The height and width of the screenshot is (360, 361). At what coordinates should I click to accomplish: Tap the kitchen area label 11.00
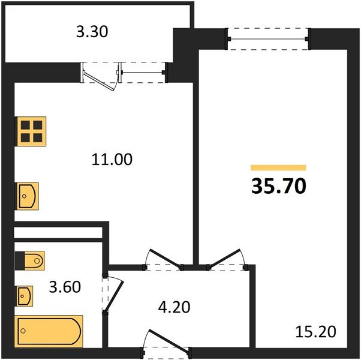tap(112, 159)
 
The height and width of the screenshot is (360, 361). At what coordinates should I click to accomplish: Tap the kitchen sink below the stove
tap(27, 196)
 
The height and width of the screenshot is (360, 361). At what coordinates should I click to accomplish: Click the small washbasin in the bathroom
tap(25, 295)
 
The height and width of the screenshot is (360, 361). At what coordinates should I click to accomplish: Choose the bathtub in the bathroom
tap(49, 331)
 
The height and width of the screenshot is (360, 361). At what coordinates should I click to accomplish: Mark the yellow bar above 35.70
tap(278, 168)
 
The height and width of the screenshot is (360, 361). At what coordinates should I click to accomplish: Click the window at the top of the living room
tap(269, 39)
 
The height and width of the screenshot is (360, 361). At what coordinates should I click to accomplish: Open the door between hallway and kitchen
tap(164, 260)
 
